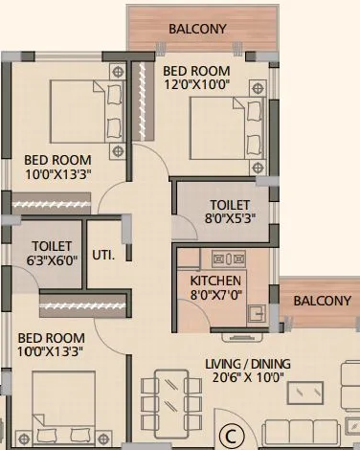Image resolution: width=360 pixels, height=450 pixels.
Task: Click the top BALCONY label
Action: coord(198,29)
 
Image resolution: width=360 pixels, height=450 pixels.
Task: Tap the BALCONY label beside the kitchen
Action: coord(322,301)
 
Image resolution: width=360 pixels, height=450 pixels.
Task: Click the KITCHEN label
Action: coord(216,280)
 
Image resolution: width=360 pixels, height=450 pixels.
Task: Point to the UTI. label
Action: coord(103,256)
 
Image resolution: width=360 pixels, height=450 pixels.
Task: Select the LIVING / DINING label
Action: coord(246,363)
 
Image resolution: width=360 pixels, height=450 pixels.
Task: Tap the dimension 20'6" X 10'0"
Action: coord(246,379)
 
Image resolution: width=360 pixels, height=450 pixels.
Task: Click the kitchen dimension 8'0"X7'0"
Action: coord(216,296)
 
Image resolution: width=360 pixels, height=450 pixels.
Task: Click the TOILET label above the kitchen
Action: coord(231,205)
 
